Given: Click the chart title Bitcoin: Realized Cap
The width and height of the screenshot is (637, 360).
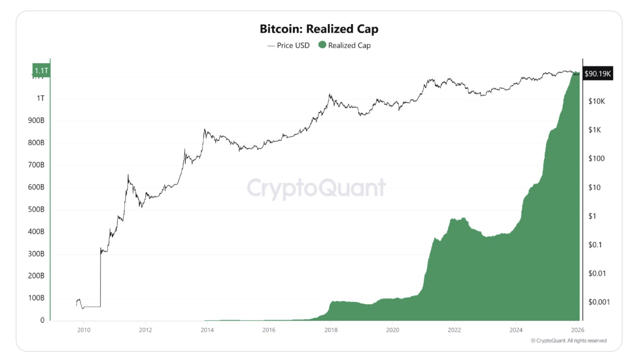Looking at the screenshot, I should pos(319,29).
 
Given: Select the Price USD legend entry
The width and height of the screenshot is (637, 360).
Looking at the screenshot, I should pos(289,45).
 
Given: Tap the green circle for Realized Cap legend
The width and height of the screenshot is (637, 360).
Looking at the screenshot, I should pos(322,45).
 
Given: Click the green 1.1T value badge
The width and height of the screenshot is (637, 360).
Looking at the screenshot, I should pos(41,71).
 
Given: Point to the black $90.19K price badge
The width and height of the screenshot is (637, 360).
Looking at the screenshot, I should pos(597,74).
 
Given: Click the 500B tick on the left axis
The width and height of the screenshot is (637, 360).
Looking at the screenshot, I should pos(36,209).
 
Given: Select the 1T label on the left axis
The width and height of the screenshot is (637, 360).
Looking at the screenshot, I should pos(40,98).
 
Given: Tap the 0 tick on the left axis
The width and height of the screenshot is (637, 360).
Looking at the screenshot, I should pos(42,320).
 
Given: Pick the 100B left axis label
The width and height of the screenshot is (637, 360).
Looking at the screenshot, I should pos(36,298).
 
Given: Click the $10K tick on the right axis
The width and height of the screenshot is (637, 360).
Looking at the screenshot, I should pos(596,101).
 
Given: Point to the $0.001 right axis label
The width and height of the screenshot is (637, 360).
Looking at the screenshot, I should pos(599,302).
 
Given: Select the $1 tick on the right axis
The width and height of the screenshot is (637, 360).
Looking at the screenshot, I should pos(592,216).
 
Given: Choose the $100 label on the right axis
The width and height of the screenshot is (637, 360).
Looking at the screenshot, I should pos(596,158).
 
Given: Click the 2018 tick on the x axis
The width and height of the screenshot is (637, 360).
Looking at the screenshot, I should pos(331,330).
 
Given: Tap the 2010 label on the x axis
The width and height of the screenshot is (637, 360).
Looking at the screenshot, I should pos(84,330).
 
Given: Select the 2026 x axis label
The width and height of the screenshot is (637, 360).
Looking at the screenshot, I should pos(577,330).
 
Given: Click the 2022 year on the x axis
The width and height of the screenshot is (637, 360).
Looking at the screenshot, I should pos(454,330).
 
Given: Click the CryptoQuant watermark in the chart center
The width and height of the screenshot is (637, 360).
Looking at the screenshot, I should pos(316,188).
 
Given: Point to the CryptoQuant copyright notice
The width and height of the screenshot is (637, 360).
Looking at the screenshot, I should pos(569,341).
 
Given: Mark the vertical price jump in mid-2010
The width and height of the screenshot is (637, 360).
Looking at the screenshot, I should pos(101,277).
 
